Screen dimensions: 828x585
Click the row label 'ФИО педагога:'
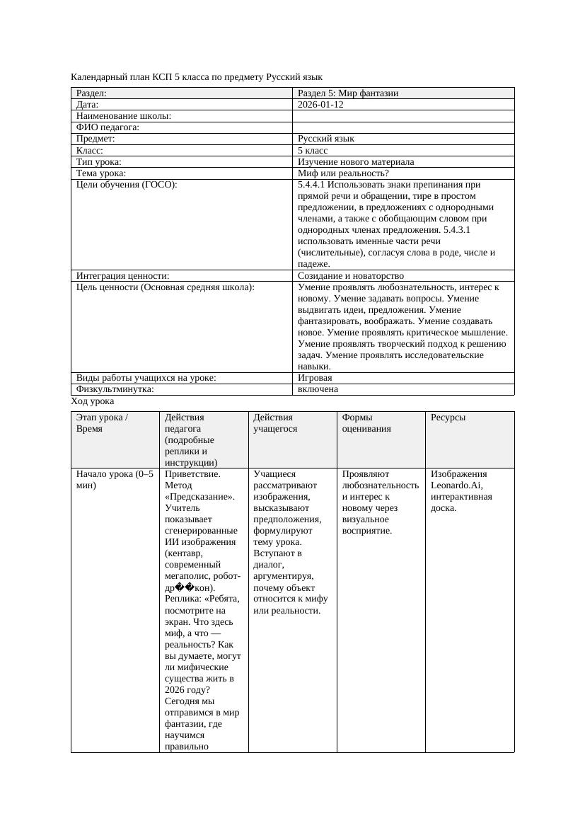tap(108, 127)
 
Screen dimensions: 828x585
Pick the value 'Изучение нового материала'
tap(356, 162)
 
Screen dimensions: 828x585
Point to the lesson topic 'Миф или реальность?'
tap(343, 173)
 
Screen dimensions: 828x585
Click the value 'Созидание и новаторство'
tap(351, 276)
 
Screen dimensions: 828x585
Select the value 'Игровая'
tap(315, 378)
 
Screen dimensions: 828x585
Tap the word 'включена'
tap(318, 389)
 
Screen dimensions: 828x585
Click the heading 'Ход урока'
tap(93, 401)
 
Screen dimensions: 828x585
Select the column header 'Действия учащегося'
tap(275, 422)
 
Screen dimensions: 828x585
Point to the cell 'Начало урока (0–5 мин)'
tap(114, 480)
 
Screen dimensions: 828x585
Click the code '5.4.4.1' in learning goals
tap(312, 185)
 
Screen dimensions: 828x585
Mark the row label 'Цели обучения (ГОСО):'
tap(127, 185)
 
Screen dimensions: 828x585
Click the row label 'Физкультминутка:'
tap(115, 389)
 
